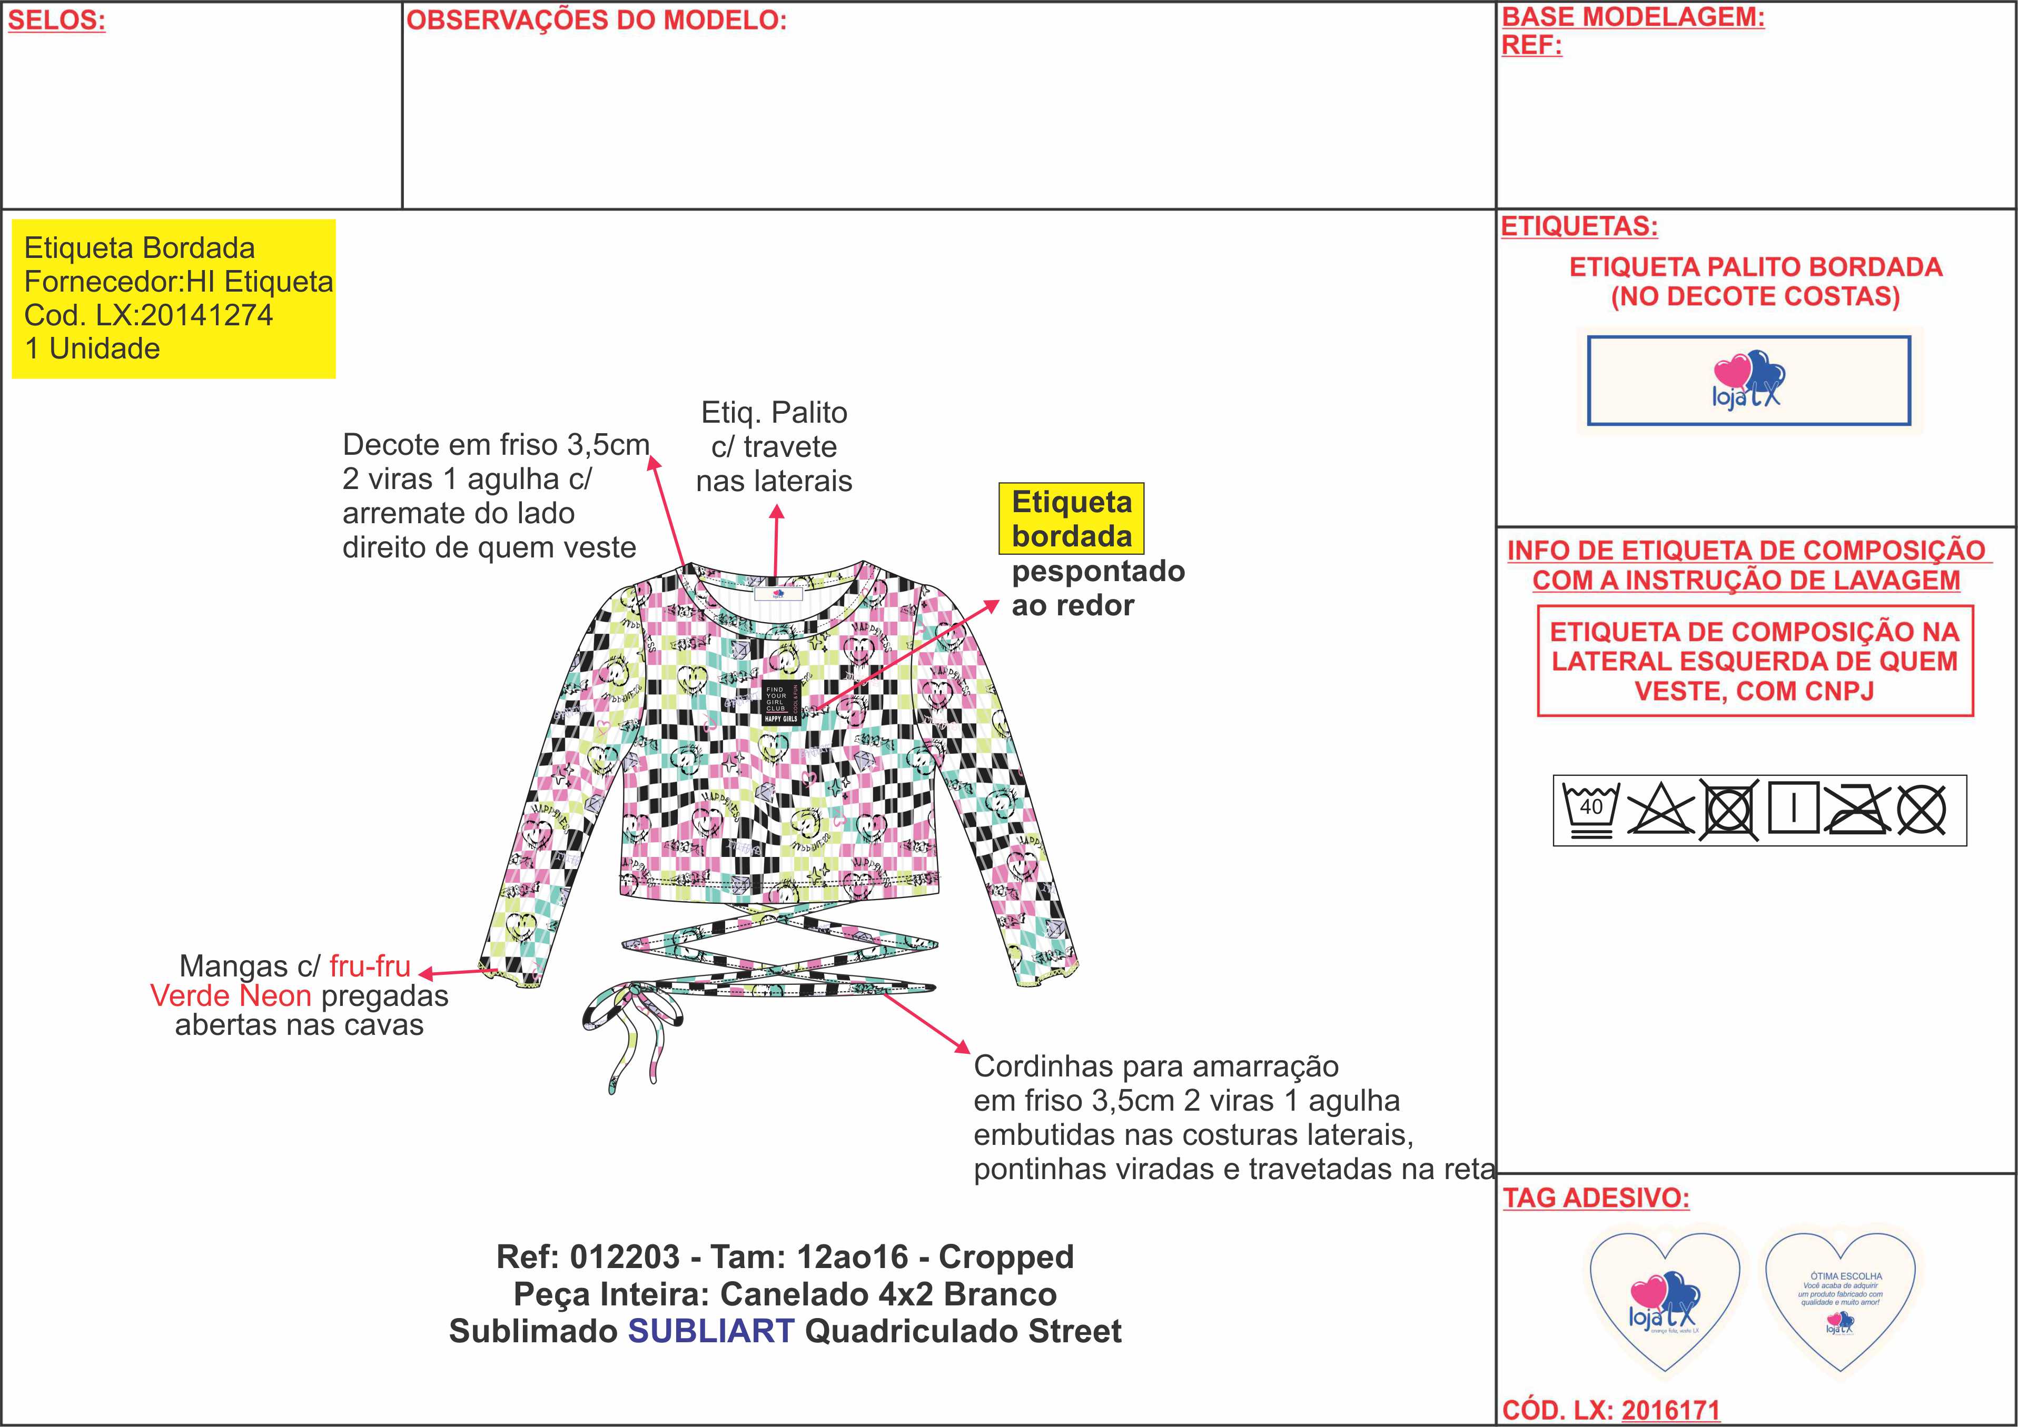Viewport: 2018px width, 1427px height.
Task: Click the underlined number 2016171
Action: [x=1670, y=1410]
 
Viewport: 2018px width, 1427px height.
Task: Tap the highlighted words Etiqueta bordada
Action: [x=1071, y=518]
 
